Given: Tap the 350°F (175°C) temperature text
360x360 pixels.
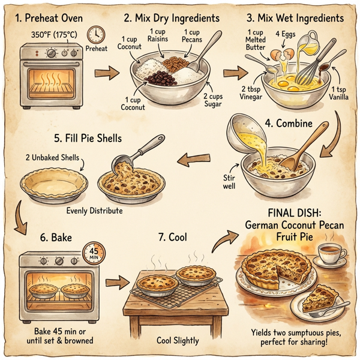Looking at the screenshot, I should click(x=54, y=34).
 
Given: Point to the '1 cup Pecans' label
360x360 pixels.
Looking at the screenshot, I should click(x=193, y=36).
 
